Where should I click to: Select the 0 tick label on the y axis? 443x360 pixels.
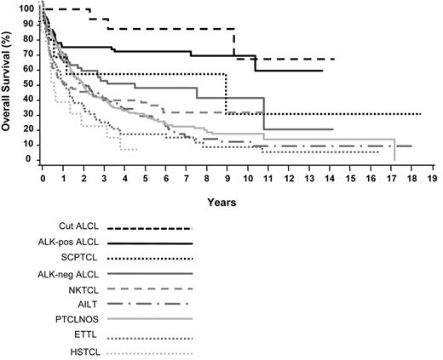click(29, 159)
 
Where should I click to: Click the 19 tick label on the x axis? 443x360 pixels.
click(432, 181)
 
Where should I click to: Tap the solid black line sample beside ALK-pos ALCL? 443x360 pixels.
click(151, 243)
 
